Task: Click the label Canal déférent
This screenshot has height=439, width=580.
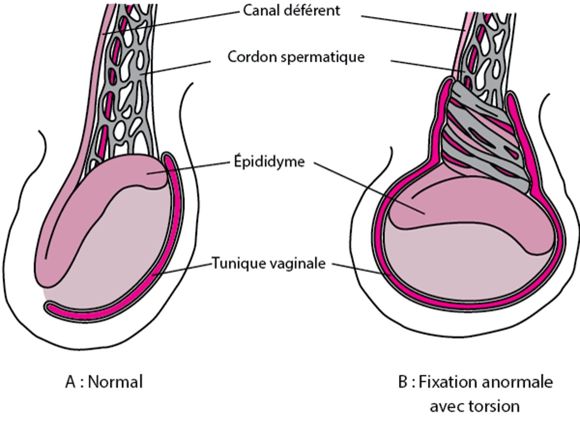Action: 291,10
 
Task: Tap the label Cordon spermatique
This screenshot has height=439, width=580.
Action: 296,57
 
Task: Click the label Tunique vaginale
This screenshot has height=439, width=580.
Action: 268,264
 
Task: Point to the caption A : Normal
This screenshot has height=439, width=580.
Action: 104,382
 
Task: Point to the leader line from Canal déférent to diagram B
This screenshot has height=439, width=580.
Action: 411,22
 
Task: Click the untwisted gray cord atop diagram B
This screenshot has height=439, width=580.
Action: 493,48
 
